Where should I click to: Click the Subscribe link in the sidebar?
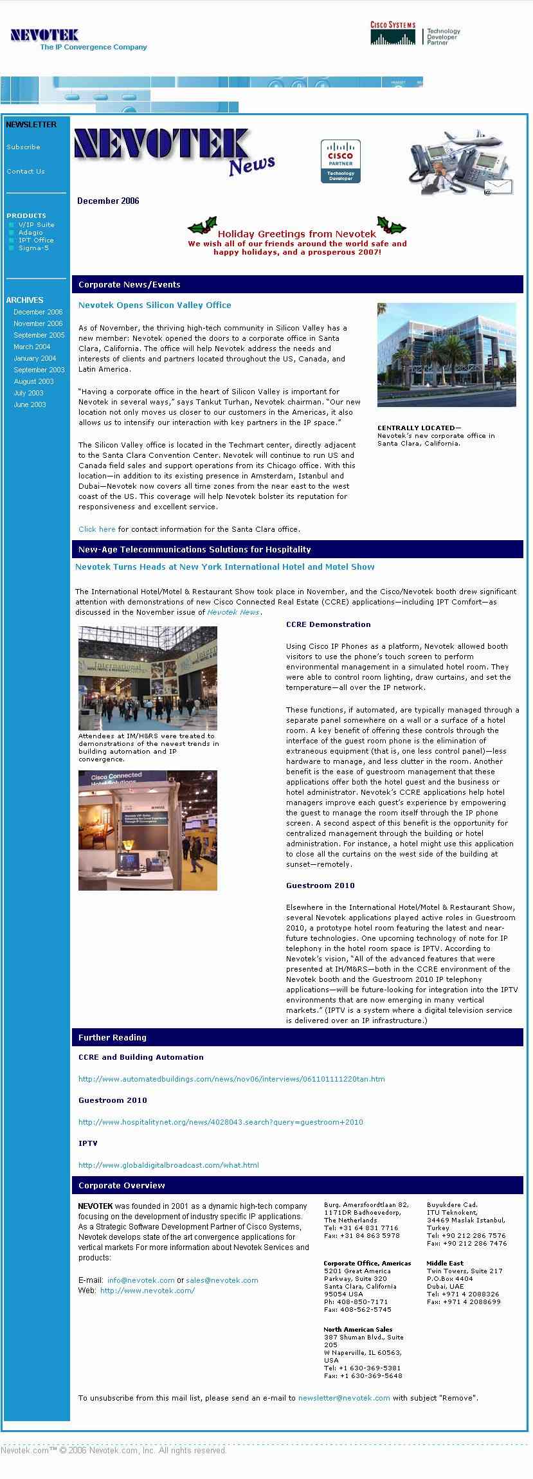tap(23, 147)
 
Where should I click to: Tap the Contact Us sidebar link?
tap(26, 172)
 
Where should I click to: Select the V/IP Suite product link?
tap(36, 225)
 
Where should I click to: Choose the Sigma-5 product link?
tap(33, 248)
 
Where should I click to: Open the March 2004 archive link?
tap(32, 347)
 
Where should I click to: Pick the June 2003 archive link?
tap(30, 405)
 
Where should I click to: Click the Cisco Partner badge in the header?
tap(340, 161)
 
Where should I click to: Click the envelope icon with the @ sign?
tap(498, 188)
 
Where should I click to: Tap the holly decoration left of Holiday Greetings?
tap(202, 227)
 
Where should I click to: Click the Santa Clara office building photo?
tap(446, 354)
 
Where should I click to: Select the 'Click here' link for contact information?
tap(97, 530)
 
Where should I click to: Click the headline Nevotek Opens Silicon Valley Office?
tap(154, 305)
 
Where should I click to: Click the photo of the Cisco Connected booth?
tap(148, 830)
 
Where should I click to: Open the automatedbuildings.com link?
tap(231, 1079)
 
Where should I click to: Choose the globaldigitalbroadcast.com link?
tap(168, 1165)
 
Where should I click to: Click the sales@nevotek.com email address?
tap(222, 1280)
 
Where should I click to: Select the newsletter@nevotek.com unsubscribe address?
tap(344, 1398)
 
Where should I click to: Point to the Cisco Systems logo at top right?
tap(393, 33)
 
